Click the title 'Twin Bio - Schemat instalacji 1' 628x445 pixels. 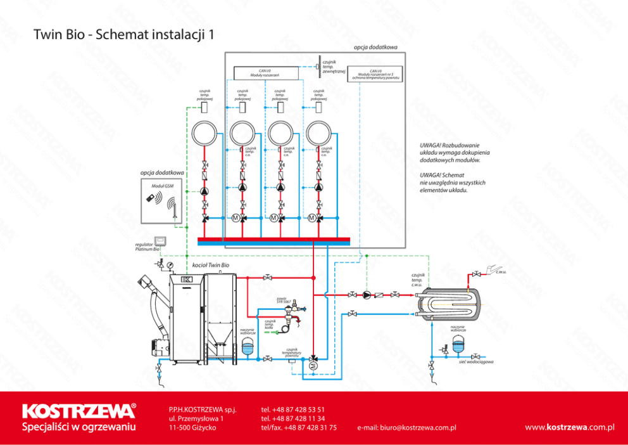(123, 35)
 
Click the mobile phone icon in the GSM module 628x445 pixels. (151, 198)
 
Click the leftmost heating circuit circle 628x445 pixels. (204, 134)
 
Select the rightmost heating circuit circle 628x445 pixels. (319, 134)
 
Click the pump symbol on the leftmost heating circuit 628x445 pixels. (204, 190)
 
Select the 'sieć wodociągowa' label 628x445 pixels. (476, 361)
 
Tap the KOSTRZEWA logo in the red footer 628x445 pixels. (79, 411)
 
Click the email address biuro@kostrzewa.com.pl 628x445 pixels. (406, 427)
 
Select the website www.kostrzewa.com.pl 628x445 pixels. (570, 427)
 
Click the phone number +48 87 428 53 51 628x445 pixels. (292, 410)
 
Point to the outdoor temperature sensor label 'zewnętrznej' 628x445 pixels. (333, 71)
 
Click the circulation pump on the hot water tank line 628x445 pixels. (367, 294)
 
